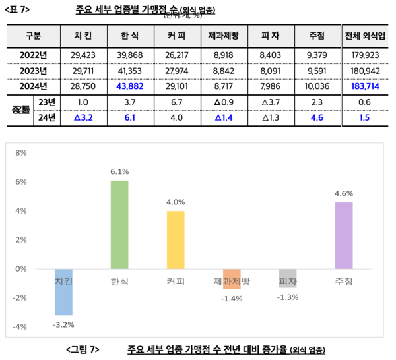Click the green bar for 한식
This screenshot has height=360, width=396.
point(119,224)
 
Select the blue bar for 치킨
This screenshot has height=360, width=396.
point(63,291)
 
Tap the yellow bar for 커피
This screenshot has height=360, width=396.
point(176,239)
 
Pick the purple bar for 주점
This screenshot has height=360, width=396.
point(344,235)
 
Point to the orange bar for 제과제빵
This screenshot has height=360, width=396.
point(232,279)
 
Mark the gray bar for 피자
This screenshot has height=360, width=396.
point(288,278)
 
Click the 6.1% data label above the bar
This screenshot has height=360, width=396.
point(119,171)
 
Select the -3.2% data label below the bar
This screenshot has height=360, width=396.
point(63,324)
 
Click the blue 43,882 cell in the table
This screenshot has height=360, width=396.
point(129,86)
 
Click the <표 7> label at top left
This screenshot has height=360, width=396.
point(18,9)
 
